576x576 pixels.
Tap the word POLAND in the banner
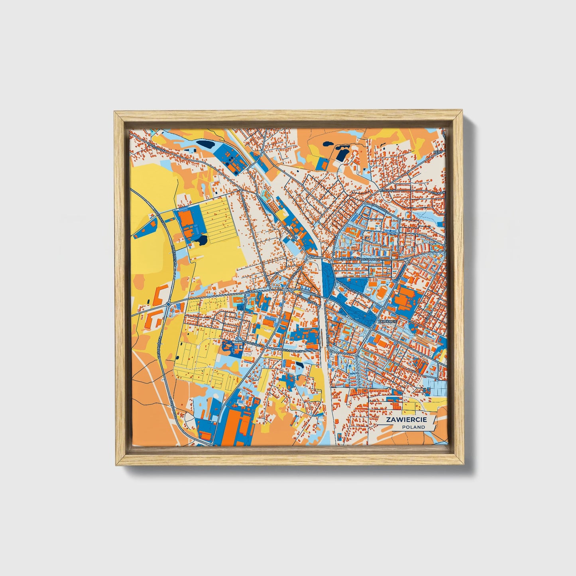tap(413, 427)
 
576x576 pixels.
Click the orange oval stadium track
tap(381, 294)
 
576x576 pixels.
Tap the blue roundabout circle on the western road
tap(168, 305)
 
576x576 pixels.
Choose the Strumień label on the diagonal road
tap(387, 191)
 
